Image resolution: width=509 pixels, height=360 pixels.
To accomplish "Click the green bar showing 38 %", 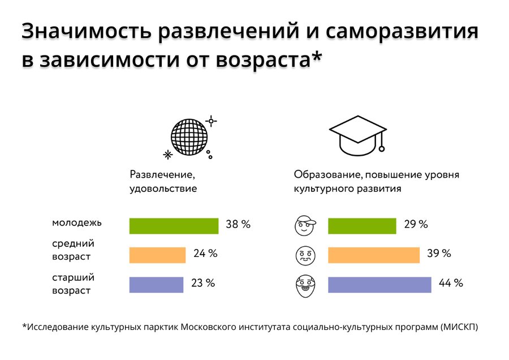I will [x=174, y=226].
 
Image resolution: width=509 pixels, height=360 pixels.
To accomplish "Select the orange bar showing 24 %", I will [x=157, y=255].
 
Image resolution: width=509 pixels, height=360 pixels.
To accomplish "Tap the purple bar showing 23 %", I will [x=156, y=285].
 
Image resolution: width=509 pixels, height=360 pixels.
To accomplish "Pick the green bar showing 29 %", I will [x=362, y=226].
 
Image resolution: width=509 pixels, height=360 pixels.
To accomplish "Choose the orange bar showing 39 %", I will [x=374, y=255].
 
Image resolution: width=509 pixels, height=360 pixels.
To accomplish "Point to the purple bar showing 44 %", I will [x=379, y=285].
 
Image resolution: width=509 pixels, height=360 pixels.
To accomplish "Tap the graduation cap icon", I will [x=357, y=135].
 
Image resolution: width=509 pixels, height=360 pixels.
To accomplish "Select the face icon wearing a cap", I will [x=305, y=226].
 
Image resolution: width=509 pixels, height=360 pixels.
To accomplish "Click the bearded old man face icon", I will [x=305, y=285].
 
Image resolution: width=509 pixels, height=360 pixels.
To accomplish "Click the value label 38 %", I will [x=238, y=224].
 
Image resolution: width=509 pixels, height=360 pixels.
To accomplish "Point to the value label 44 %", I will [x=451, y=283].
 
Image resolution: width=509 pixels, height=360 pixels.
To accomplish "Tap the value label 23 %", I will [x=203, y=283].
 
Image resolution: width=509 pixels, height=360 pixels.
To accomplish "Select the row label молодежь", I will [x=77, y=222].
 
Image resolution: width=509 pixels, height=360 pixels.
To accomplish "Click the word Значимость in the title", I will [x=86, y=32].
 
